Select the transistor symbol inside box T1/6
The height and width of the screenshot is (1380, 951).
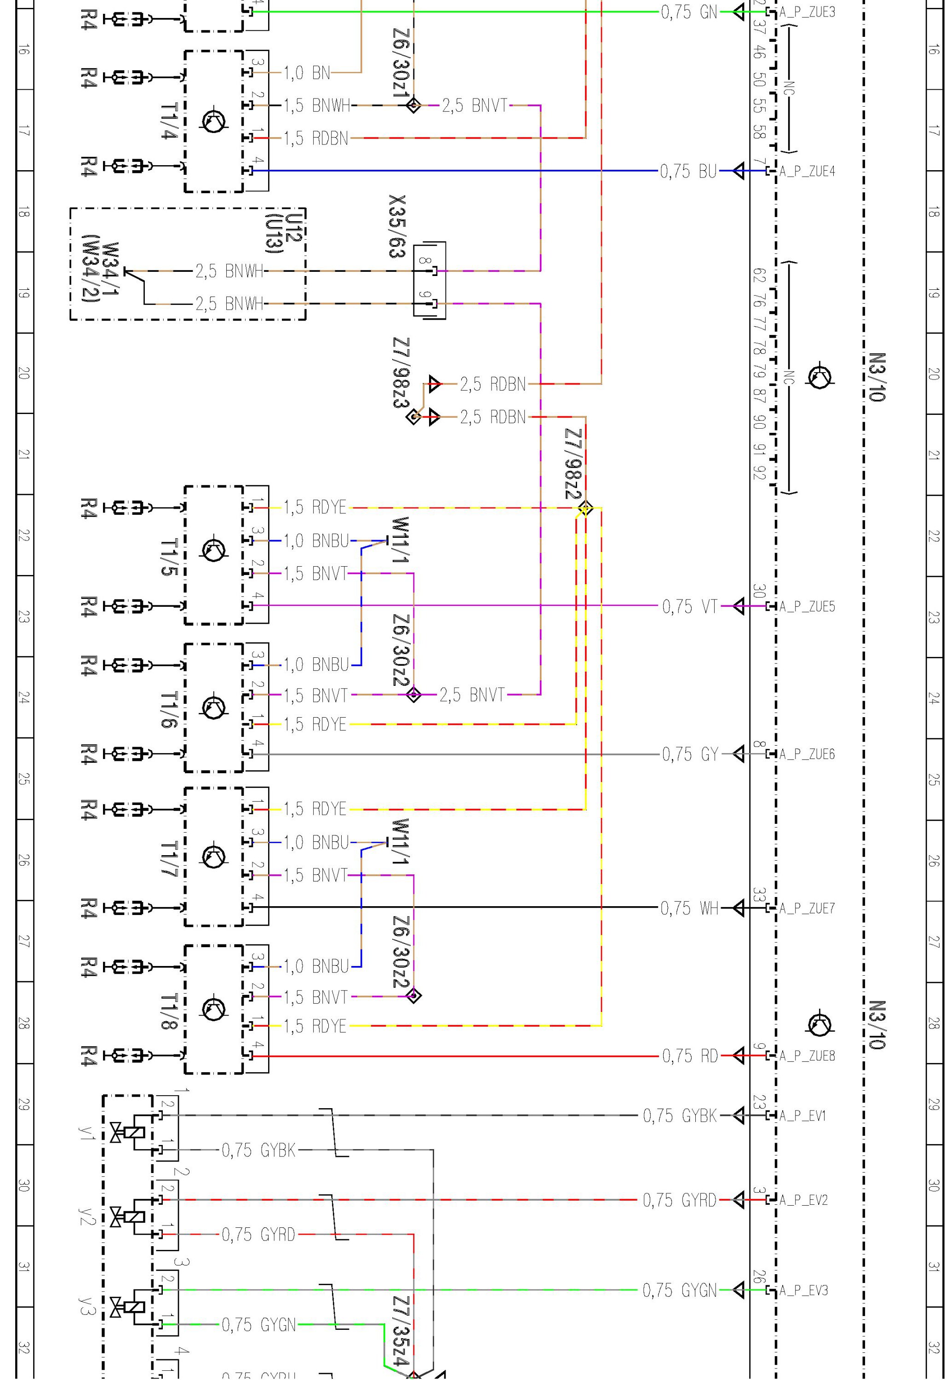tap(214, 708)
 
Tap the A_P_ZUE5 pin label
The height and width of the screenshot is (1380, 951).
tap(807, 607)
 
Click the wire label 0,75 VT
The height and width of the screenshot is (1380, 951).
tap(689, 607)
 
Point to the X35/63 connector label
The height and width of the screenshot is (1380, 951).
tap(397, 226)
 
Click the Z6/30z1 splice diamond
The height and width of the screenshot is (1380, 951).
tap(413, 105)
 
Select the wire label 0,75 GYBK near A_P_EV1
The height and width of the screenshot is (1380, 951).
tap(679, 1115)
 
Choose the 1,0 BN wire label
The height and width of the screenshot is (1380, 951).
tap(306, 73)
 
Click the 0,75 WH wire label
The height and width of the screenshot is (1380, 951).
tap(689, 908)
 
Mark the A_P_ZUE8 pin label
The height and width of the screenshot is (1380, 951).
tap(807, 1056)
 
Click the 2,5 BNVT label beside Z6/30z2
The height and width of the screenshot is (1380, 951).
tap(472, 695)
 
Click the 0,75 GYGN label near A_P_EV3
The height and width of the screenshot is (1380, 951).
tap(679, 1291)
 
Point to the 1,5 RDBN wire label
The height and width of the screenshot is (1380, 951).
tap(315, 138)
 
